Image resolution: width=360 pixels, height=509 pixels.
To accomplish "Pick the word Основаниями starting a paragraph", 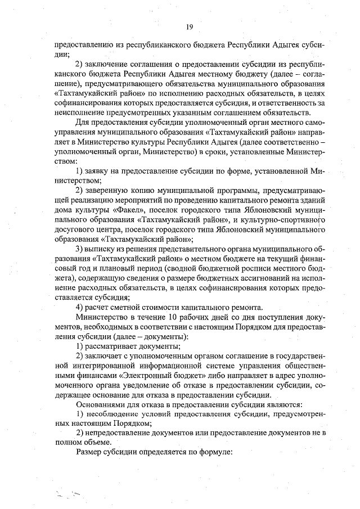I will coord(101,405).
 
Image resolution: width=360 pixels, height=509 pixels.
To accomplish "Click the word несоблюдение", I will coord(113,415).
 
